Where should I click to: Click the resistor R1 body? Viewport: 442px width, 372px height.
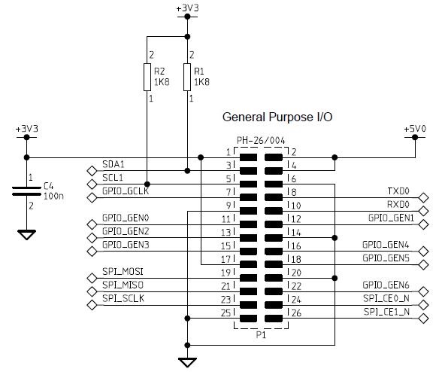click(187, 77)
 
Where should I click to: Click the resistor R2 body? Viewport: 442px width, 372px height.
click(147, 77)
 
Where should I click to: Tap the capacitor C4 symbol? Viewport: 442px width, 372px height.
click(26, 191)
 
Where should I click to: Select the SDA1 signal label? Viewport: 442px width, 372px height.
click(114, 164)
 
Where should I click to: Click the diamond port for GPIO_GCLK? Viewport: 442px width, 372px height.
click(92, 198)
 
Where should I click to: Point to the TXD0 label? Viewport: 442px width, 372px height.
click(398, 191)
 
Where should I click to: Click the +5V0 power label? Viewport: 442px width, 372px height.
click(415, 129)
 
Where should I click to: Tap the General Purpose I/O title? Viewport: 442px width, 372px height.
click(277, 117)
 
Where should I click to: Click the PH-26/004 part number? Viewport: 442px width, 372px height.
click(261, 140)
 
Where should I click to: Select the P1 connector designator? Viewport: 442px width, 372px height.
click(261, 335)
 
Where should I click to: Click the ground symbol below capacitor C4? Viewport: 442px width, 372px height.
click(26, 235)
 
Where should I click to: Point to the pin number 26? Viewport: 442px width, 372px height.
click(296, 313)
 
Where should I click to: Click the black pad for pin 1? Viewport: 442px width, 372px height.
click(248, 157)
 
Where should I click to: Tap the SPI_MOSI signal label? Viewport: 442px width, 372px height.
click(123, 272)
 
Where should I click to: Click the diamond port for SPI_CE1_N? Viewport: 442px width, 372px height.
click(424, 319)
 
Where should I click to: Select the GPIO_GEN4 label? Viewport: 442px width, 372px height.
click(386, 245)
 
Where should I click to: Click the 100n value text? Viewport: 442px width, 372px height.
click(53, 196)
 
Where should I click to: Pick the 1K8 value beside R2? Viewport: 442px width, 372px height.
click(162, 82)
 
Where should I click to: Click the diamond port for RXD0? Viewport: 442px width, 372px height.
click(424, 211)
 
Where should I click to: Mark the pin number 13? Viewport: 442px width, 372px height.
click(226, 233)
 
